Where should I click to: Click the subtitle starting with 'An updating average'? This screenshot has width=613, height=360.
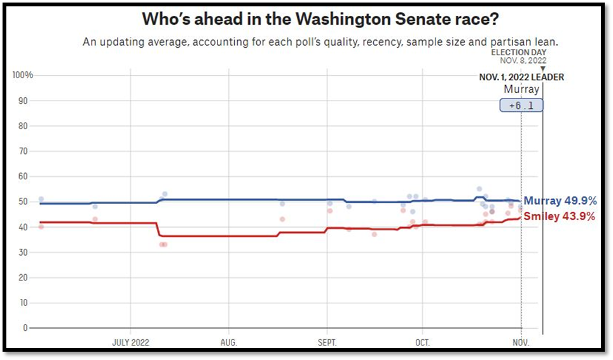[x=320, y=42]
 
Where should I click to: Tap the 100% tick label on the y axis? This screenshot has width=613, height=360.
[x=23, y=75]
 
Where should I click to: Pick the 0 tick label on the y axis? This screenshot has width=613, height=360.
[x=25, y=328]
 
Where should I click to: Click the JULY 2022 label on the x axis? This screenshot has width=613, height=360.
[x=130, y=342]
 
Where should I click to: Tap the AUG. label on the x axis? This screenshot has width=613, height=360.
[x=229, y=342]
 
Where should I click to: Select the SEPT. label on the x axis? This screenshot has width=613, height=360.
[x=327, y=342]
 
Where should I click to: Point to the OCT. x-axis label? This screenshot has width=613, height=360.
[x=422, y=342]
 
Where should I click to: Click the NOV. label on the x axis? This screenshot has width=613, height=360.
[x=521, y=342]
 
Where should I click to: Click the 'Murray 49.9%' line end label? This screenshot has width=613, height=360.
[x=560, y=202]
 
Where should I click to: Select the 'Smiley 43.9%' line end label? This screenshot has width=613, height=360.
[x=560, y=217]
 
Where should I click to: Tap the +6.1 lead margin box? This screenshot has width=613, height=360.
[x=521, y=106]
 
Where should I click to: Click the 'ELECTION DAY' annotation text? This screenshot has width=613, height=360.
[x=518, y=52]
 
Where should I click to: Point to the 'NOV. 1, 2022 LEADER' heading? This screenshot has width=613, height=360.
[x=521, y=78]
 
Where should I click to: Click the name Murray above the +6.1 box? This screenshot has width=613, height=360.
[x=521, y=90]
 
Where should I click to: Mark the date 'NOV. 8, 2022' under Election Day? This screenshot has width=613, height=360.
[x=523, y=60]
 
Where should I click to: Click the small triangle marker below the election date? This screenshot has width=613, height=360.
[x=542, y=69]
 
